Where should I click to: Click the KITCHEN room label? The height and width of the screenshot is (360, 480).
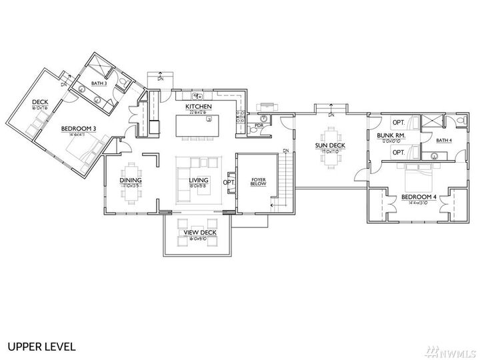199,107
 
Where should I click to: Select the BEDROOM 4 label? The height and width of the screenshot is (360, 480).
419,197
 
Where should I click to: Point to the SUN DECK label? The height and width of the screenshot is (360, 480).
330,145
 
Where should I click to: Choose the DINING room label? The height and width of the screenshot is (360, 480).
131,180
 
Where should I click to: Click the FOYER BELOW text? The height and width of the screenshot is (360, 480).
259,182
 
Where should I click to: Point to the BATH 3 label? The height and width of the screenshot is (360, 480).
99,82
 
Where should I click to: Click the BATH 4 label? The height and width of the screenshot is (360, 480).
443,141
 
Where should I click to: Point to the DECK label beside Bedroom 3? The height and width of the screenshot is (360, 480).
39,102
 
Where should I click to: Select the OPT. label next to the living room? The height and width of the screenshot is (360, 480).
228,182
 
